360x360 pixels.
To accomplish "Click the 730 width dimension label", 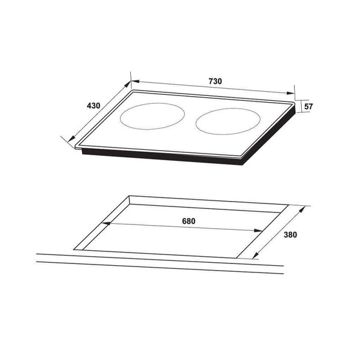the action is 215,81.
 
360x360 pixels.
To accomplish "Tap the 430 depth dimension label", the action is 94,106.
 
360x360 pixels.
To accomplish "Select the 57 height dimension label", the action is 308,107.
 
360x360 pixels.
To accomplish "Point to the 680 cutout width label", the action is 188,221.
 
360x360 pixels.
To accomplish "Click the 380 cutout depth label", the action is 290,235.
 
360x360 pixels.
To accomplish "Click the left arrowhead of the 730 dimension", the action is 135,81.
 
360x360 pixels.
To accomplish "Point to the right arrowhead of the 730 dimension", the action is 290,93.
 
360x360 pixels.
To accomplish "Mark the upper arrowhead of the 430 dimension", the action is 127,84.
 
